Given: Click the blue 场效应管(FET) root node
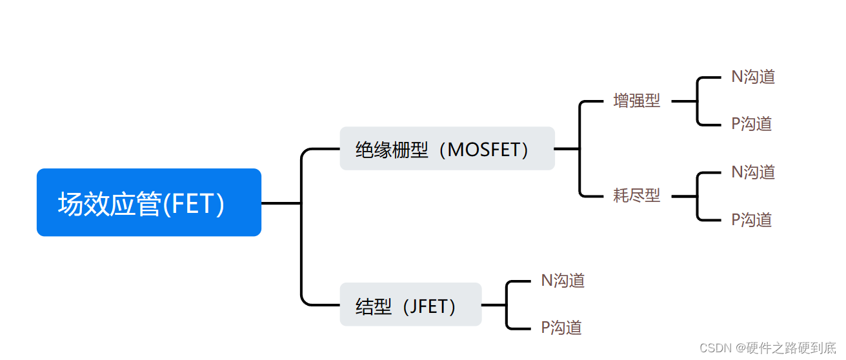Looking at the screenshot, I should [148, 203].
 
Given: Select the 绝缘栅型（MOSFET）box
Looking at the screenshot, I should [447, 149].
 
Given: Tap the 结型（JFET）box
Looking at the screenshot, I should [410, 305].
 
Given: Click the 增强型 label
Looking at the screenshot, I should [636, 101].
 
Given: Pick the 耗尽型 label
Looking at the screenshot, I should [636, 195].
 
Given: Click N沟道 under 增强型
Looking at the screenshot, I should [752, 77].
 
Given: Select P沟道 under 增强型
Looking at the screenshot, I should [751, 124].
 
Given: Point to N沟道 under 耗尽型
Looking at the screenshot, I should [752, 172].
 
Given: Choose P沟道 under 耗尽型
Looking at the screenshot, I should [751, 220].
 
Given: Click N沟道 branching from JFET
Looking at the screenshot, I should [563, 281].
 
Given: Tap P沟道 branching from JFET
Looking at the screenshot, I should [561, 328].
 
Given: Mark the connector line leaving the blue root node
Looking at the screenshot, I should [281, 203].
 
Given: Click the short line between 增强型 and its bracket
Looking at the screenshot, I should [684, 101].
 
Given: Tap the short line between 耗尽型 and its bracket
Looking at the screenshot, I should [684, 195].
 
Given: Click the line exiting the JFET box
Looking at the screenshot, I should [494, 305].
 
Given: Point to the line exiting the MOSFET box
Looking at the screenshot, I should [567, 148].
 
